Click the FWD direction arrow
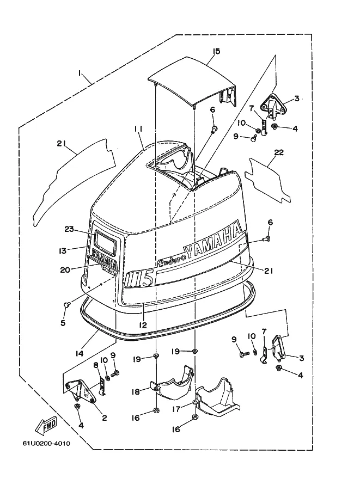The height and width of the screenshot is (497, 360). coord(46,426)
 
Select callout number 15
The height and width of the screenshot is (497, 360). coord(217,51)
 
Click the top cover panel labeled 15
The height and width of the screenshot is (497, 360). coord(193,82)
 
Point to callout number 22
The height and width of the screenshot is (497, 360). coord(279,152)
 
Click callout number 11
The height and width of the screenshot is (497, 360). coord(138,129)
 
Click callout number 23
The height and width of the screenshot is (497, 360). coord(69,229)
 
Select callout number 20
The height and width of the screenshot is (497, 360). coord(66,269)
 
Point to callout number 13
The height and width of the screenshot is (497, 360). coord(63,251)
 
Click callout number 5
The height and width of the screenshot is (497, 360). coord(63,323)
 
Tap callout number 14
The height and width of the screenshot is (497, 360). coord(80,353)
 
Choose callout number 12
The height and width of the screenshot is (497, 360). coord(143,325)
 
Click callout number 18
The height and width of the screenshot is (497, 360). coord(136,392)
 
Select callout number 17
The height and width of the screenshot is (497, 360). coord(176,409)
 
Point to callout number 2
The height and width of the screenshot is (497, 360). coord(105,418)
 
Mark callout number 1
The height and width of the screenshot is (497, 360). coord(80,73)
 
